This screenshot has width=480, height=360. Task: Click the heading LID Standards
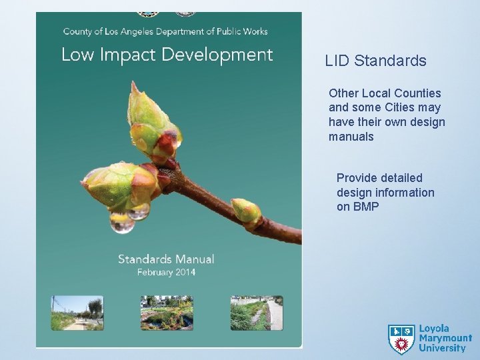click(375, 61)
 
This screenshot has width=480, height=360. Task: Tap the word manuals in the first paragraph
click(351, 137)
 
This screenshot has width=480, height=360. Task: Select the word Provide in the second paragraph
click(357, 178)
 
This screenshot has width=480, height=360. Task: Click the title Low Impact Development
click(167, 55)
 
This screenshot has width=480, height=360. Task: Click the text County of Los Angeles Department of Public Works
click(165, 31)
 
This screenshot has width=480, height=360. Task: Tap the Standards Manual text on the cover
click(166, 259)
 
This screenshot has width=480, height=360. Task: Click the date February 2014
click(166, 272)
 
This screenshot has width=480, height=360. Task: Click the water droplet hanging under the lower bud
click(122, 223)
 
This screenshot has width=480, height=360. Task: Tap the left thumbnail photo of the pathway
click(77, 313)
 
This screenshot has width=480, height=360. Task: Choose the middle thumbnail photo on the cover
click(167, 313)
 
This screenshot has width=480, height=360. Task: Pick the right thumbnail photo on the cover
click(257, 313)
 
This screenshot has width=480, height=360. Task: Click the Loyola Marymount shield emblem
click(401, 339)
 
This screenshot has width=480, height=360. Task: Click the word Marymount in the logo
click(445, 339)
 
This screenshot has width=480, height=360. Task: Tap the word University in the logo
click(442, 348)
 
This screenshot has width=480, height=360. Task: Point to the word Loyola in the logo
click(434, 329)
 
